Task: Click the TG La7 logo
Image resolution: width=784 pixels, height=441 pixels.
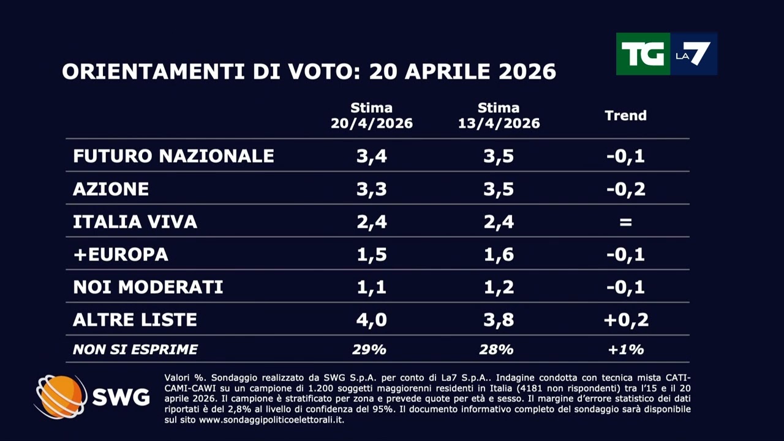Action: coord(666,54)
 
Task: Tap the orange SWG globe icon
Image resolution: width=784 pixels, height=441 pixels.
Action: coord(61,397)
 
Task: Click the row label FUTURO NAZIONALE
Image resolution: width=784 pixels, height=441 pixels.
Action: coord(173,156)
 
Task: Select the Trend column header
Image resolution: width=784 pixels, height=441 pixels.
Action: coord(625,115)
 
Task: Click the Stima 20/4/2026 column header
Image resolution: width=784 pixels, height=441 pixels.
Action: coord(372,116)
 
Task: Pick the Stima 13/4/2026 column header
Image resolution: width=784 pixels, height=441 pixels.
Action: coord(499,116)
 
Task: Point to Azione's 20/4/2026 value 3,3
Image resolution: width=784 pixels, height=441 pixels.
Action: coord(372,189)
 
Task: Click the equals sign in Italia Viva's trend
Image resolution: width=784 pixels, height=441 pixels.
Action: coord(625,222)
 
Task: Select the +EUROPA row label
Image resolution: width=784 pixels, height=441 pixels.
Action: coord(121,254)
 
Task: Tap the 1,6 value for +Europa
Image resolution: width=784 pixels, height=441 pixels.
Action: coord(499,254)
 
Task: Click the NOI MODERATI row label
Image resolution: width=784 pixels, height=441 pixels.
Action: coord(148,287)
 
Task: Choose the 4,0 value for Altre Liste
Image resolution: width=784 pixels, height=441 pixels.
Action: coord(372,320)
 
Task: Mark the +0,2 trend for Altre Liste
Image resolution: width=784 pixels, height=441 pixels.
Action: coord(625,320)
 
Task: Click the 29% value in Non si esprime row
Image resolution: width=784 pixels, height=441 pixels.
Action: coord(369,350)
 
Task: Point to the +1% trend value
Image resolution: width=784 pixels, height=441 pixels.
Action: coord(625,350)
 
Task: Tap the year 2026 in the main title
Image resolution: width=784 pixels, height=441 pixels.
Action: coord(527,72)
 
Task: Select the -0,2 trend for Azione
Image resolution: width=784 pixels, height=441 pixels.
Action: coord(625,189)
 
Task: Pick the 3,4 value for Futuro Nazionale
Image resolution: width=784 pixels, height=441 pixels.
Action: coord(372,156)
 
